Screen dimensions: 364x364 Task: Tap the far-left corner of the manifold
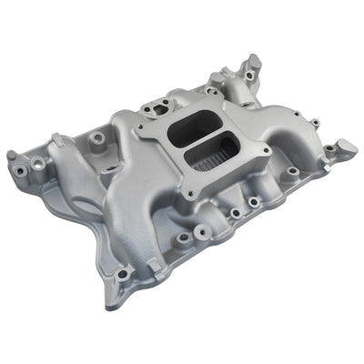pyautogui.click(x=11, y=156)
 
